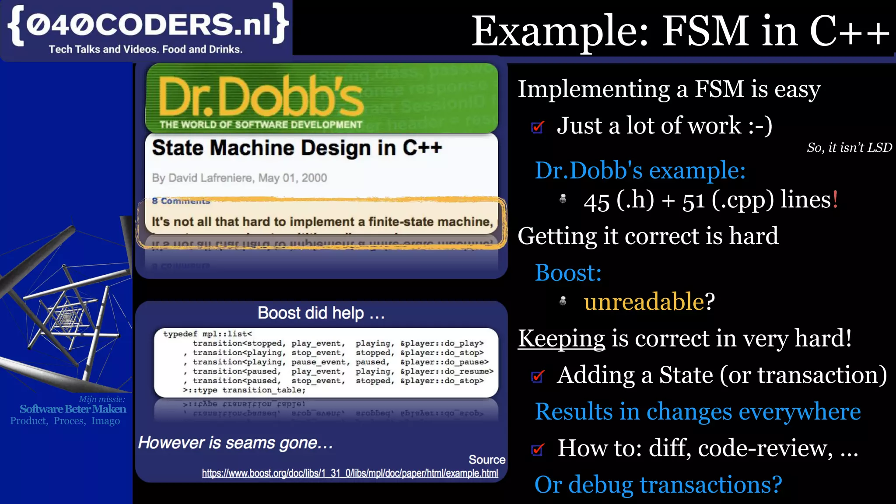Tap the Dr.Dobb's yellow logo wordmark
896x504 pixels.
[x=261, y=96]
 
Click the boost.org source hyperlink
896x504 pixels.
[x=350, y=473]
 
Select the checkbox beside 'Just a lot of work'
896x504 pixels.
[x=538, y=127]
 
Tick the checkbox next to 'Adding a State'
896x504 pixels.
[x=538, y=376]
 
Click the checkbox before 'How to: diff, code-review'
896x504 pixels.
[x=538, y=449]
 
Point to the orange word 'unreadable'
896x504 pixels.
[x=644, y=301]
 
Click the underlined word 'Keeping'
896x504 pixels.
[x=561, y=339]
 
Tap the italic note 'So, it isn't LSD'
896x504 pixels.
[x=849, y=148]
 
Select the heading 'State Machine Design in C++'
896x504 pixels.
[x=297, y=148]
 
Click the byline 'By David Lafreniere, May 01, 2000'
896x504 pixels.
[x=239, y=178]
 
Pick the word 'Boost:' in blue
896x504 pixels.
[x=568, y=273]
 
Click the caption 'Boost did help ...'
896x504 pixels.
[x=321, y=313]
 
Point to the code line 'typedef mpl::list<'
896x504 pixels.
[x=207, y=334]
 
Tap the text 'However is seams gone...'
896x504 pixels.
[x=235, y=443]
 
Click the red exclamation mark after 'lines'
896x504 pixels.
[x=835, y=199]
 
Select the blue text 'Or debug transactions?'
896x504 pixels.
[x=658, y=485]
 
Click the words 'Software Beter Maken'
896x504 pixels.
[x=73, y=409]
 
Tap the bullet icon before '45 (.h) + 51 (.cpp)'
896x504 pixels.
[x=563, y=199]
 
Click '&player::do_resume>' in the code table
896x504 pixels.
[x=447, y=371]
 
